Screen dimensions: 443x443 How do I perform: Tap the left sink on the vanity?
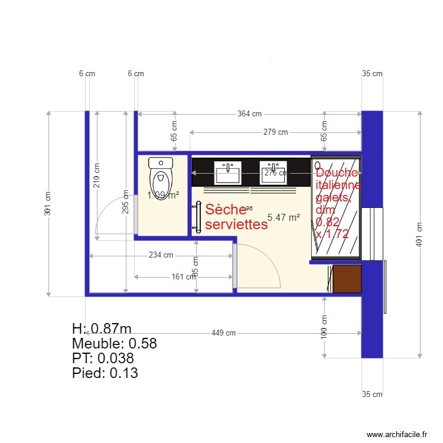pyautogui.click(x=227, y=172)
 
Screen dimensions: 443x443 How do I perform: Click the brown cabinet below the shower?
pyautogui.click(x=347, y=279)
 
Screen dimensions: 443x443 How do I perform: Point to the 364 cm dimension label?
pyautogui.click(x=249, y=114)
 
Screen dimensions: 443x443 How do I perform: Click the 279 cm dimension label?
pyautogui.click(x=275, y=132)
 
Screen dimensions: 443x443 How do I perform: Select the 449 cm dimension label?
pyautogui.click(x=223, y=333)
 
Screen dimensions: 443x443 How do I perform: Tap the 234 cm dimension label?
pyautogui.click(x=161, y=256)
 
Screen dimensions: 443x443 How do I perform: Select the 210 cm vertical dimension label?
pyautogui.click(x=97, y=175)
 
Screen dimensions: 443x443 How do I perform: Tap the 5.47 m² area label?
pyautogui.click(x=284, y=217)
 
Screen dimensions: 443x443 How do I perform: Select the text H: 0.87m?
pyautogui.click(x=101, y=329)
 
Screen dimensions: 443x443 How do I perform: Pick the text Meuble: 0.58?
pyautogui.click(x=114, y=344)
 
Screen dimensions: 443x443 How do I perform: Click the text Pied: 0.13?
pyautogui.click(x=105, y=373)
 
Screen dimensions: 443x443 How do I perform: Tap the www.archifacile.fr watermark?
pyautogui.click(x=397, y=434)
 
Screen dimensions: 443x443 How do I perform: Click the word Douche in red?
pyautogui.click(x=337, y=172)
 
